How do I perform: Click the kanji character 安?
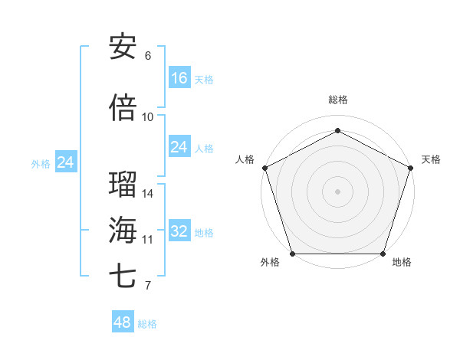click(123, 46)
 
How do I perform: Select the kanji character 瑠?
click(123, 184)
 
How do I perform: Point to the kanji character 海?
click(123, 229)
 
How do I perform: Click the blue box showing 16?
click(179, 77)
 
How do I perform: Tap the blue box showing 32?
click(179, 231)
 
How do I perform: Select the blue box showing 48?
click(123, 322)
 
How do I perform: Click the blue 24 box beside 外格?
click(66, 162)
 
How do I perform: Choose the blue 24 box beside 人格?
click(179, 147)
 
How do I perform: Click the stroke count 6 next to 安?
click(148, 56)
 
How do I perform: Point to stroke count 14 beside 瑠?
click(148, 194)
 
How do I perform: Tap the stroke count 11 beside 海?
click(148, 240)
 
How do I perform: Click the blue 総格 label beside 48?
click(147, 324)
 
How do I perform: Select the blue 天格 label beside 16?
click(204, 80)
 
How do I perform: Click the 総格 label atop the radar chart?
click(337, 100)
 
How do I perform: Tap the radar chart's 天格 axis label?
click(431, 159)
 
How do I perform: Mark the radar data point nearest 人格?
click(264, 168)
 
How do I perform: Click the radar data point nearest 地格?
click(383, 254)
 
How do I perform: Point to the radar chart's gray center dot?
click(337, 191)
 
